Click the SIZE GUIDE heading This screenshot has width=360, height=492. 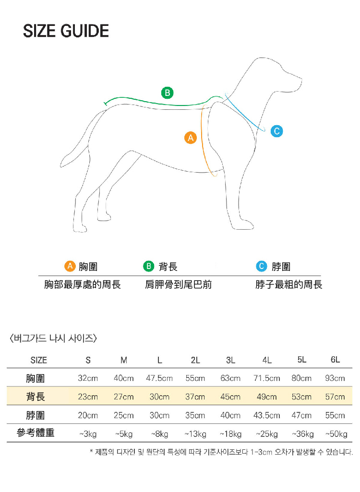point(66,32)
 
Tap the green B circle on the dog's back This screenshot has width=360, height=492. point(167,93)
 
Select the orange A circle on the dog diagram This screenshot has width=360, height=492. point(191,138)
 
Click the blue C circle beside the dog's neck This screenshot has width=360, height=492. point(276,131)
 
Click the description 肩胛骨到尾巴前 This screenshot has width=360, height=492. point(179,285)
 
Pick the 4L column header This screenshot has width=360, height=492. point(267,360)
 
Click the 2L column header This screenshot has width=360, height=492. point(195,360)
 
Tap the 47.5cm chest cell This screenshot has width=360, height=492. point(159,378)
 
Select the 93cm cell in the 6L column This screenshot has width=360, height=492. point(335,378)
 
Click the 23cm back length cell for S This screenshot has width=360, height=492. point(88,397)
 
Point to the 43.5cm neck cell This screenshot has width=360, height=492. point(267,415)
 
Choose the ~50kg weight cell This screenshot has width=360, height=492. point(336,434)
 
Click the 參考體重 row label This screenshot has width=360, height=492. point(36,433)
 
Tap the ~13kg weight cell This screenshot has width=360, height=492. point(195,434)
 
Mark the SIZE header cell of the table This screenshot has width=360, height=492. point(39,360)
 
